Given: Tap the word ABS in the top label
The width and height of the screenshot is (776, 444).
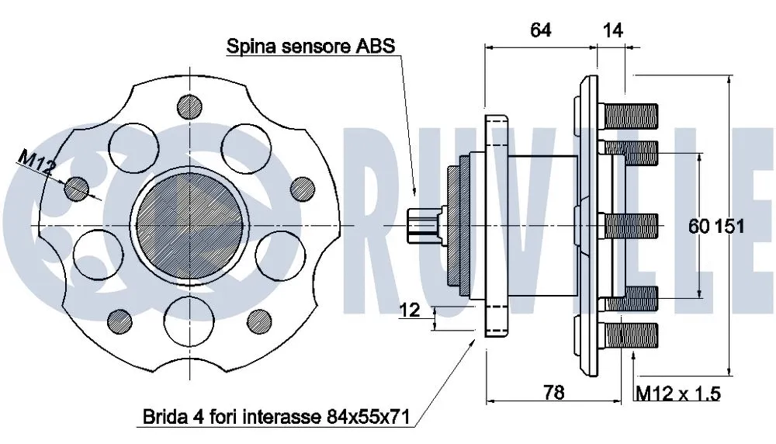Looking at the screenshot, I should [x=376, y=46].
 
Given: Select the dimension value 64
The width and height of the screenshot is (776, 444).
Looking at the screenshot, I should [x=540, y=30].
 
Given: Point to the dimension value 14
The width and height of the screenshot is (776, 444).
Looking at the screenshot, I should [x=612, y=30].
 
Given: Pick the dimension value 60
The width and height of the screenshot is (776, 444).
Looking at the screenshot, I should [x=699, y=227].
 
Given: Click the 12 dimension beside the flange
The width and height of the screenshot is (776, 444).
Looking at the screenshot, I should [x=410, y=310].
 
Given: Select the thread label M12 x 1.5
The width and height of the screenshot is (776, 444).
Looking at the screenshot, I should [x=677, y=394].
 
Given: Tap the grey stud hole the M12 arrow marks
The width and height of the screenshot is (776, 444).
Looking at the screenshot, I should [x=76, y=187].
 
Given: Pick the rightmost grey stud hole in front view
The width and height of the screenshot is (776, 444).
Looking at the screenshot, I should [x=300, y=189].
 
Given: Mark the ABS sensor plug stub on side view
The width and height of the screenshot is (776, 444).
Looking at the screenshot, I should [x=423, y=225].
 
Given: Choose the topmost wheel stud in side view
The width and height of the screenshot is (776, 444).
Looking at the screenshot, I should [x=629, y=115].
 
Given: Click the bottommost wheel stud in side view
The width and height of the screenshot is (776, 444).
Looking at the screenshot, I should [x=629, y=335].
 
